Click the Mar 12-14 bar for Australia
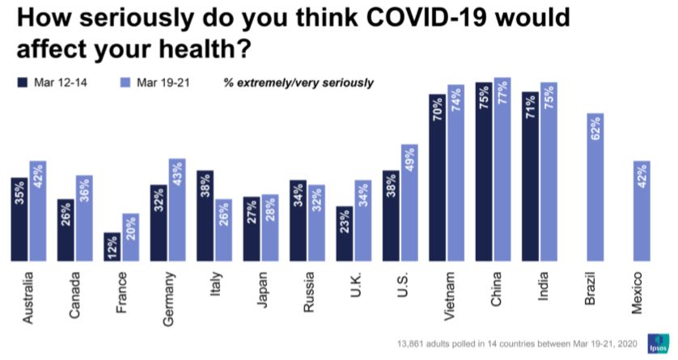pyautogui.click(x=19, y=218)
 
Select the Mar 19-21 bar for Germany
pyautogui.click(x=177, y=210)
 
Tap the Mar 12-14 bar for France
pyautogui.click(x=112, y=247)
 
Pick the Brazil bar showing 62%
pyautogui.click(x=595, y=187)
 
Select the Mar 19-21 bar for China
pyautogui.click(x=502, y=170)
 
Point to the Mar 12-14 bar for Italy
pyautogui.click(x=205, y=216)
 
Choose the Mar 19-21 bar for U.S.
pyautogui.click(x=409, y=203)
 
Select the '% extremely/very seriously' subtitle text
pyautogui.click(x=299, y=83)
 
